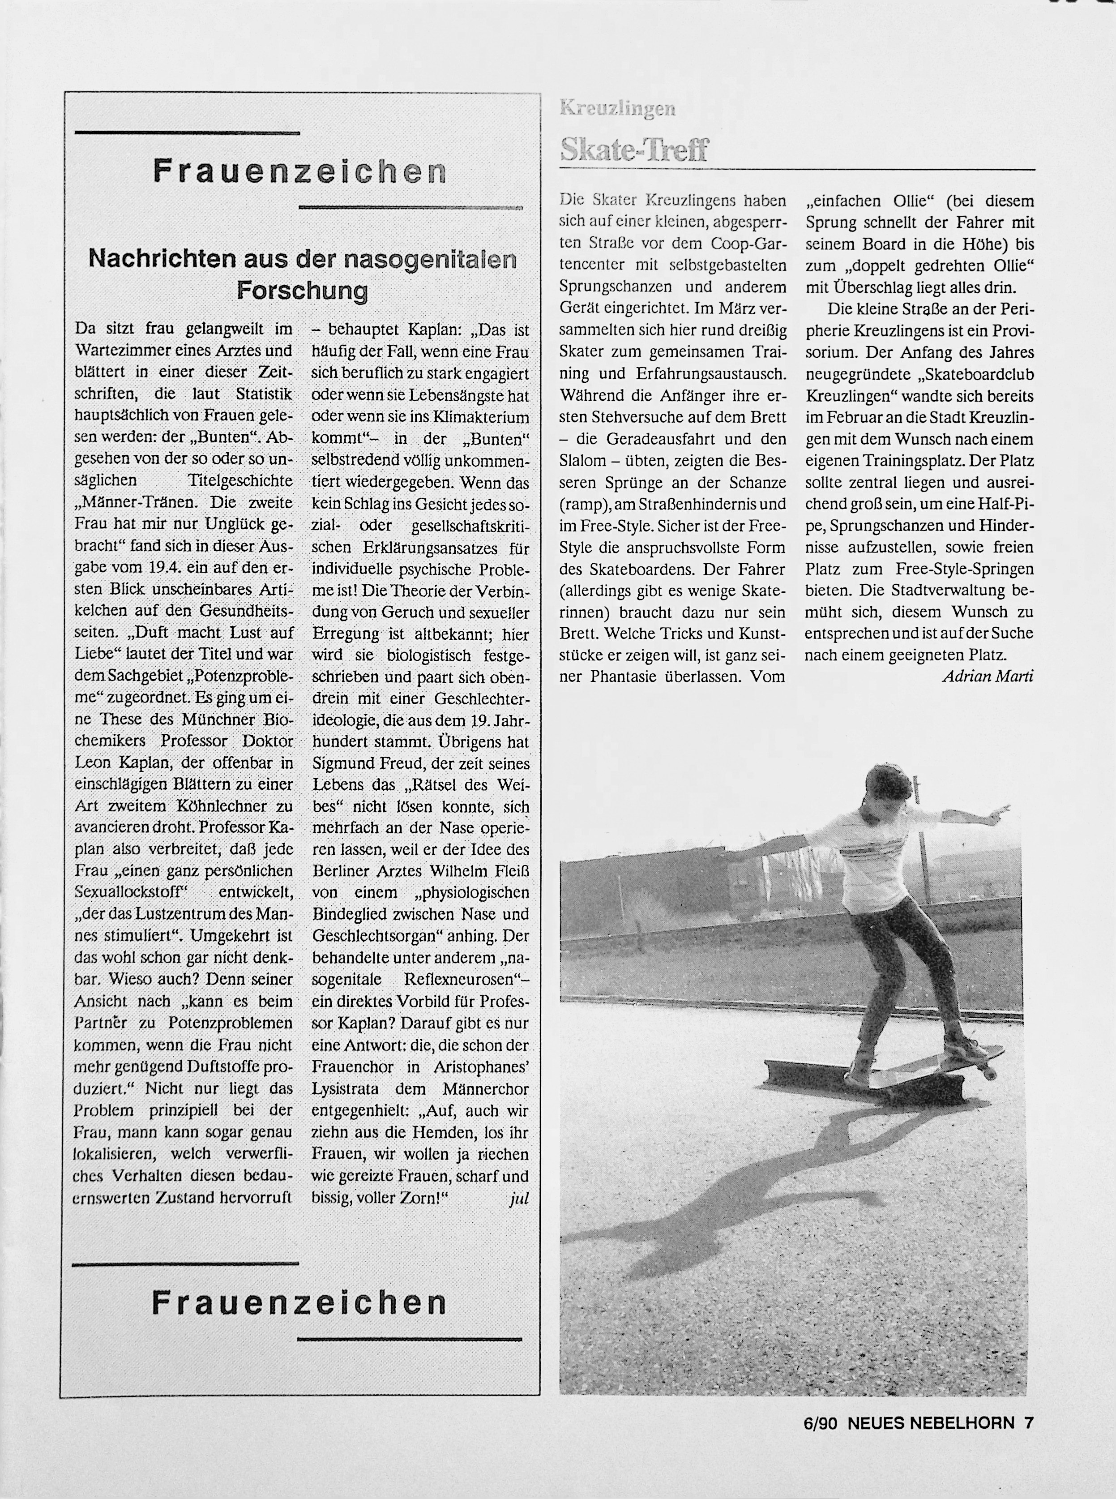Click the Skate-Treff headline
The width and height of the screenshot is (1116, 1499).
(634, 149)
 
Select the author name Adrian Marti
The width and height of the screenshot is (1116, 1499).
(987, 676)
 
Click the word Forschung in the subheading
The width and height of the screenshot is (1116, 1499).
(302, 291)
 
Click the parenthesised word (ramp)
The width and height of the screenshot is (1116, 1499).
(585, 504)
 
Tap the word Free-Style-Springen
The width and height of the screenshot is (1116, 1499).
(965, 568)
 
